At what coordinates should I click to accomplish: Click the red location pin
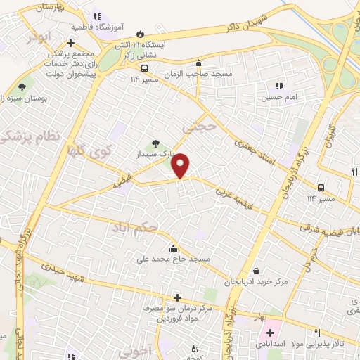(x=181, y=165)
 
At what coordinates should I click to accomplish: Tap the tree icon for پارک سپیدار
(x=156, y=143)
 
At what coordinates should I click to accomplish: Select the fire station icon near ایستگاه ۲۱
(x=141, y=33)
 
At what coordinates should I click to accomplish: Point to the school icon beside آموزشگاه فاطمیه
(x=96, y=15)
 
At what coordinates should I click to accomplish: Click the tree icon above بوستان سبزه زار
(x=22, y=87)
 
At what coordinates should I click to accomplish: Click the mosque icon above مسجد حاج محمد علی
(x=173, y=248)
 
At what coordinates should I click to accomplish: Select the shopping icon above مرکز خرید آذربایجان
(x=255, y=271)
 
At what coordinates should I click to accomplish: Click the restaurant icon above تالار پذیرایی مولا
(x=317, y=333)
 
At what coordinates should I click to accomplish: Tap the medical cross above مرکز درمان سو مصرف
(x=177, y=297)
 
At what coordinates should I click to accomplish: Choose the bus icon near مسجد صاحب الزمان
(x=144, y=68)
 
